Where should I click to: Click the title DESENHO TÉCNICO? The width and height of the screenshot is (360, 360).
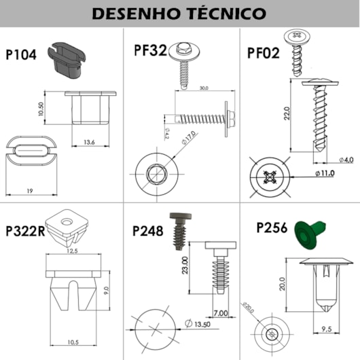point(179,13)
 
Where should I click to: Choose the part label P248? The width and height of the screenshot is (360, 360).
point(147,231)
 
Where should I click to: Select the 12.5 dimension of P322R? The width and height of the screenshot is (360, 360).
point(73,251)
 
